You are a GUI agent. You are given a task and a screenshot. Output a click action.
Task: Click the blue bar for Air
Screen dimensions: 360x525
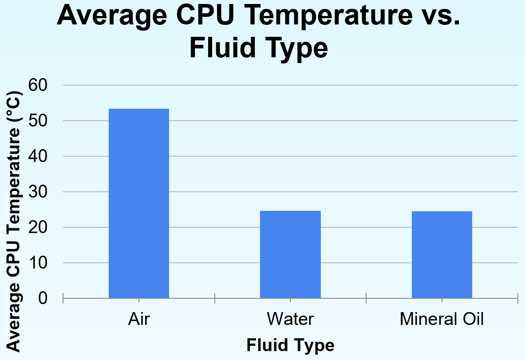(x=139, y=203)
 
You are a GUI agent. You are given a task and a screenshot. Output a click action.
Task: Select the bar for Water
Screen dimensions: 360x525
(x=290, y=254)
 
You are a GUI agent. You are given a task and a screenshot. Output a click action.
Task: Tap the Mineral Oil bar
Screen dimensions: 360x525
(x=442, y=254)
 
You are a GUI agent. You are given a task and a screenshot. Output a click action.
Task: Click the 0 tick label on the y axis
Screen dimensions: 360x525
(x=43, y=298)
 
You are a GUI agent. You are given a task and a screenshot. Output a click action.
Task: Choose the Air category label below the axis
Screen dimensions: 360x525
(x=139, y=319)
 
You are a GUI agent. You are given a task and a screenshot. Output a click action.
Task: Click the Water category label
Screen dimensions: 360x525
(x=290, y=319)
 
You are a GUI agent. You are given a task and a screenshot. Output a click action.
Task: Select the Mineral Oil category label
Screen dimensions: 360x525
(x=442, y=319)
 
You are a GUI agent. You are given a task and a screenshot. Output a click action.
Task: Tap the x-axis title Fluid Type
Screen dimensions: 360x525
(x=290, y=345)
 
